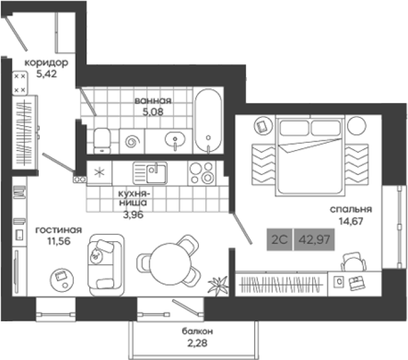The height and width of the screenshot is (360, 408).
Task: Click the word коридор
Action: pos(46,62)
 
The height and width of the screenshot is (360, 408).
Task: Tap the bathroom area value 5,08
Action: pos(153,112)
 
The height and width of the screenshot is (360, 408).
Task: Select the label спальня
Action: pos(351,209)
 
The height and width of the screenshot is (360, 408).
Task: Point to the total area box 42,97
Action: pos(314,239)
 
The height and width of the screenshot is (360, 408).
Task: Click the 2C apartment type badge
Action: pos(279,239)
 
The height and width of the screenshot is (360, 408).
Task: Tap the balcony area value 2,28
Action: pos(197,343)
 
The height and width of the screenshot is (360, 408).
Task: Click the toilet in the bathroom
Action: pos(102,140)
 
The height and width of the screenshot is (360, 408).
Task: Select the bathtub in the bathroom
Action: pos(208,120)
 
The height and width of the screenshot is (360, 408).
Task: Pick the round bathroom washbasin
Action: pos(175,140)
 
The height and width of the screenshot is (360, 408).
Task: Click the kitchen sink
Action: pos(150,173)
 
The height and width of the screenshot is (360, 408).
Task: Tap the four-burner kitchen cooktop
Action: pos(202,173)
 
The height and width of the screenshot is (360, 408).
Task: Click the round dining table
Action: pos(170,264)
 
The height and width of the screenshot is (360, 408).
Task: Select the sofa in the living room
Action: pos(107,265)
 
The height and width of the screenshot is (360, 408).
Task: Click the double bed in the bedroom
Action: pos(310,155)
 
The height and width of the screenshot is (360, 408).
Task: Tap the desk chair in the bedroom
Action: pos(353,262)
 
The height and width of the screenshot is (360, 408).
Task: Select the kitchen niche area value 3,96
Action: pos(133,215)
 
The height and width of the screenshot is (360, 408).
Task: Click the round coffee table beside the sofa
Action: pos(62,280)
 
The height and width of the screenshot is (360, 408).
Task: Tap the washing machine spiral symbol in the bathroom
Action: pos(132,142)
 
